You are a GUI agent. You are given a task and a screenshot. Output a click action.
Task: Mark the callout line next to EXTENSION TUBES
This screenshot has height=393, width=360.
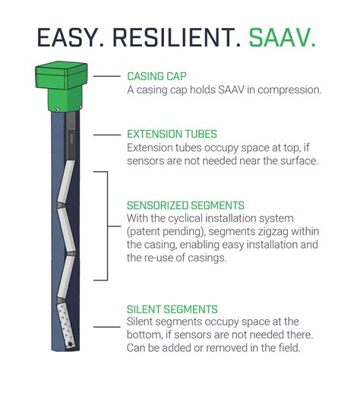[109, 134]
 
